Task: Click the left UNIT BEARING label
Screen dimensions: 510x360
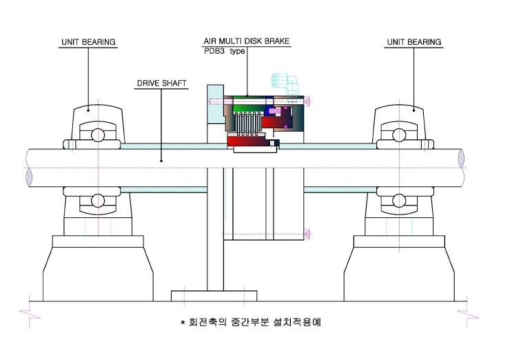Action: pyautogui.click(x=88, y=42)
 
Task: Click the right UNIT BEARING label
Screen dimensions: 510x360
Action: pyautogui.click(x=414, y=42)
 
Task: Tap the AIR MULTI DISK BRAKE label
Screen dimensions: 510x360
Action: pyautogui.click(x=247, y=41)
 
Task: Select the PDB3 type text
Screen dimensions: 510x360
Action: pyautogui.click(x=225, y=51)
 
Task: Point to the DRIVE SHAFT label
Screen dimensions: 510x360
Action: pyautogui.click(x=162, y=83)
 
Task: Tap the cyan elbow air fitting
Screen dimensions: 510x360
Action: pyautogui.click(x=285, y=84)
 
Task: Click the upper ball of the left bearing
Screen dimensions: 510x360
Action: pyautogui.click(x=98, y=135)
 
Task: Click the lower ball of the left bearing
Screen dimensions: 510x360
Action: pyautogui.click(x=98, y=201)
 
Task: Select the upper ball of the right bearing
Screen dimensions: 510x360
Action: pyautogui.click(x=399, y=135)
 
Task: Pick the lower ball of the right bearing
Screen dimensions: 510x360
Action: pyautogui.click(x=399, y=201)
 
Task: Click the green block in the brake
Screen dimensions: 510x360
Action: pyautogui.click(x=249, y=107)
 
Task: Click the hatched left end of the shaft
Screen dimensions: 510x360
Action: pyautogui.click(x=29, y=177)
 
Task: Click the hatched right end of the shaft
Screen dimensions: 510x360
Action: pyautogui.click(x=461, y=158)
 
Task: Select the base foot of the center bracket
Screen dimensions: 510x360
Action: pyautogui.click(x=214, y=296)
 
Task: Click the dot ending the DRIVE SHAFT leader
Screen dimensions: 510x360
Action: pyautogui.click(x=161, y=161)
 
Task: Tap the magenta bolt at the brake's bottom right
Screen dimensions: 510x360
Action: pyautogui.click(x=307, y=234)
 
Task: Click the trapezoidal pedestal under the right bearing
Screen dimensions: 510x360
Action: pyautogui.click(x=399, y=274)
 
